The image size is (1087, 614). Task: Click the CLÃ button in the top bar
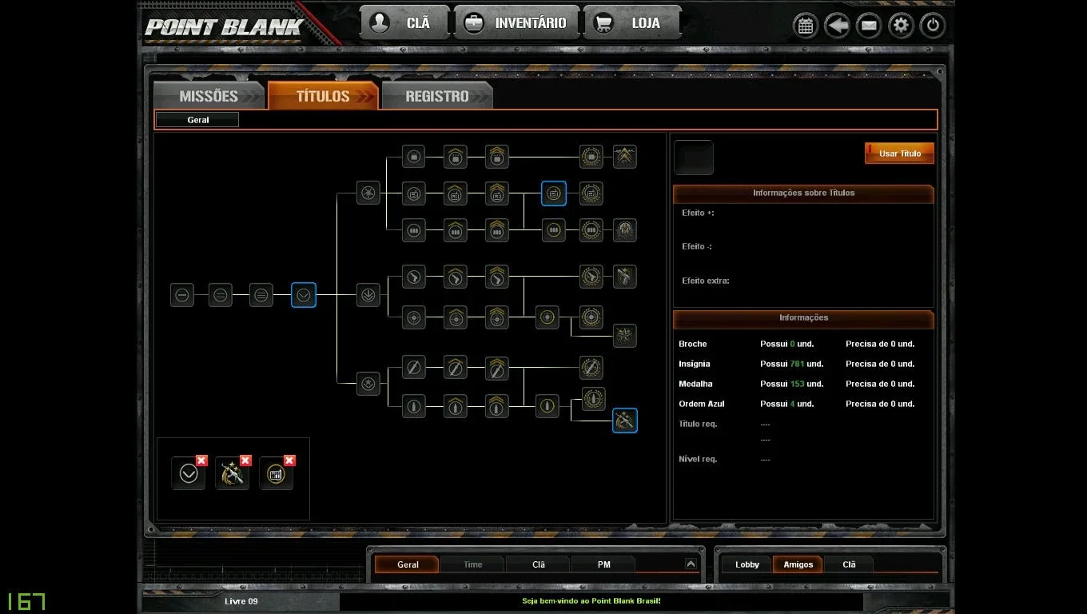pos(404,22)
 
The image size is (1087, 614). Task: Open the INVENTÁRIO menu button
pos(517,22)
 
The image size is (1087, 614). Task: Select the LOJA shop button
pos(633,22)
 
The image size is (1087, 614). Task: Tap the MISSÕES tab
pos(209,96)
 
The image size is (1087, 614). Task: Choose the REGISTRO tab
pos(437,96)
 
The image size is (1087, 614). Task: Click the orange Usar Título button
pos(899,153)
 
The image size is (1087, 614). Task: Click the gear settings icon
pos(901,26)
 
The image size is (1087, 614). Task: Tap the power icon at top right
pos(932,26)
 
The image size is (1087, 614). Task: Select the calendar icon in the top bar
pos(806,26)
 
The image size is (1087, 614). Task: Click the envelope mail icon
pos(869,26)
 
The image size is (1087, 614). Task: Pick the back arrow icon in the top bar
pos(837,26)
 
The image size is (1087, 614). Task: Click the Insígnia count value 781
pos(797,364)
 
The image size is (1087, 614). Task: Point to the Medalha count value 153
pos(797,384)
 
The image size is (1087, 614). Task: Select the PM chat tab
pos(603,564)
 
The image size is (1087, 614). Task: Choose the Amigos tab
pos(798,564)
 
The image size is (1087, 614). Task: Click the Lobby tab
pos(747,564)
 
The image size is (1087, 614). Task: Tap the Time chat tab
pos(472,564)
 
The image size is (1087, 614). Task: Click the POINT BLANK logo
pos(224,27)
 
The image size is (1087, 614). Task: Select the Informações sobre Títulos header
pos(803,193)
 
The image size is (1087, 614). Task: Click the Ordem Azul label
pos(701,404)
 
